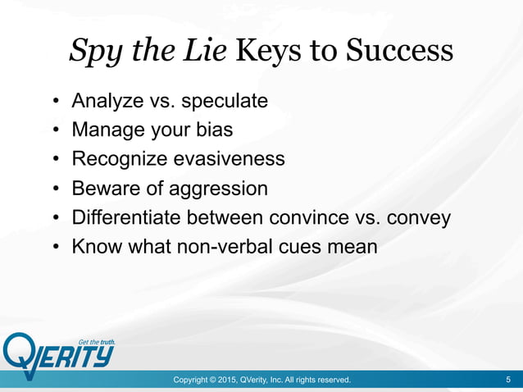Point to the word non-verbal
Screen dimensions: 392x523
(x=242, y=246)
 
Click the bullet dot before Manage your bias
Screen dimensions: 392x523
(x=56, y=130)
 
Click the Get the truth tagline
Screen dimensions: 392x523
(x=96, y=342)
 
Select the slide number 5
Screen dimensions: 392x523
(x=509, y=380)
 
